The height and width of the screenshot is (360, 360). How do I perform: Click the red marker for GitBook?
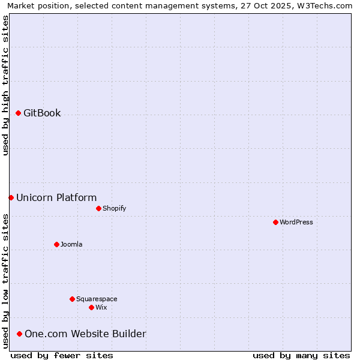point(19,113)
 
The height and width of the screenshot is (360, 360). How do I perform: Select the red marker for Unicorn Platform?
point(11,197)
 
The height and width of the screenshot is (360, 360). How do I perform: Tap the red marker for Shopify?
point(98,208)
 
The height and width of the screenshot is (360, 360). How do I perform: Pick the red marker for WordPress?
point(275,222)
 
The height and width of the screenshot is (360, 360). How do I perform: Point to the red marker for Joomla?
point(56,244)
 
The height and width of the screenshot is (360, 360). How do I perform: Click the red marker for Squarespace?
point(72,299)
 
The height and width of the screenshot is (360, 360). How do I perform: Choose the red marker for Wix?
point(91,307)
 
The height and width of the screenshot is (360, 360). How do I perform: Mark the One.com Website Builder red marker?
point(20,334)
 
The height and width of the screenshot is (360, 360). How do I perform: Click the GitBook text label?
point(42,113)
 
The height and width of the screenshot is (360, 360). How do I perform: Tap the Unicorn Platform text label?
point(56,197)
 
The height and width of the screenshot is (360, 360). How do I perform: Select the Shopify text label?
point(114,208)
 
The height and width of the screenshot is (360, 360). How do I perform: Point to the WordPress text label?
point(296,222)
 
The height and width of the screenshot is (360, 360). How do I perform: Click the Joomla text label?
point(71,244)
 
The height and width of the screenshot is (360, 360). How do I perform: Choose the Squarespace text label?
point(97,299)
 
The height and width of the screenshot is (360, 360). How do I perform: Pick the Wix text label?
point(101,307)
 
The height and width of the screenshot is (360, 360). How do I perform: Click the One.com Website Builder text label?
point(85,334)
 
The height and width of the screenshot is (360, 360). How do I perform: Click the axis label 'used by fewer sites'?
point(62,355)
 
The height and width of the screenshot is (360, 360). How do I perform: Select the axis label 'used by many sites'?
point(301,355)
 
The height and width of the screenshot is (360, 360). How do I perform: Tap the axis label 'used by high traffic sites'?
point(5,85)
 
